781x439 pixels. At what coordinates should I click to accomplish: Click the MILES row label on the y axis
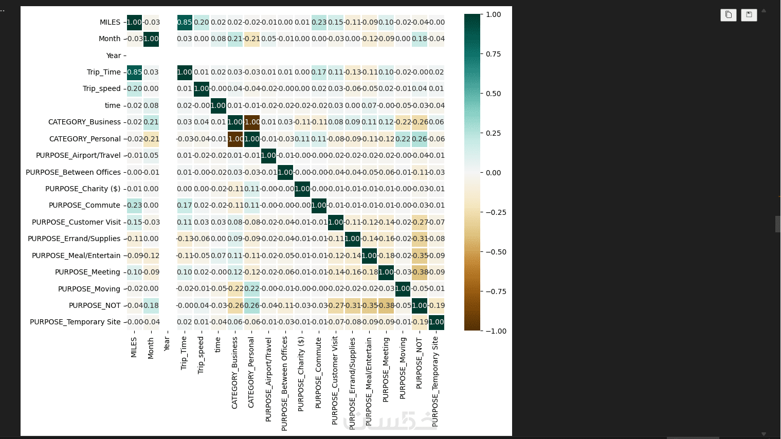110,22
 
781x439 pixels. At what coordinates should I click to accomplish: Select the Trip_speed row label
101,88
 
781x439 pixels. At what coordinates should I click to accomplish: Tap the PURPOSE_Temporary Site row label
75,322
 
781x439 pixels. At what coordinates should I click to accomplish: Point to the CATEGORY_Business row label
84,122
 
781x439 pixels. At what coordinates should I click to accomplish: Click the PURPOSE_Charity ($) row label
83,189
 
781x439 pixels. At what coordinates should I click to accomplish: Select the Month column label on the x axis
151,348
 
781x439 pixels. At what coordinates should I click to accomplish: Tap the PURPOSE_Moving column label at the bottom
403,368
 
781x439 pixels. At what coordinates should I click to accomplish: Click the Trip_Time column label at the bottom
184,353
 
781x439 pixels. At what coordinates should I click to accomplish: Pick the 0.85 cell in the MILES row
185,22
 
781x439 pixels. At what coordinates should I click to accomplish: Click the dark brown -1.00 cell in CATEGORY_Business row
252,122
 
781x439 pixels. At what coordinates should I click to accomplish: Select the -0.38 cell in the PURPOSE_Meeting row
420,272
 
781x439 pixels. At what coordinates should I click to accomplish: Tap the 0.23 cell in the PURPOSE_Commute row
134,205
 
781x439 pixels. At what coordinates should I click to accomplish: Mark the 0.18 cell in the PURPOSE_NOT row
151,305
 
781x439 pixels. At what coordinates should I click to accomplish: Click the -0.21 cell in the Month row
252,39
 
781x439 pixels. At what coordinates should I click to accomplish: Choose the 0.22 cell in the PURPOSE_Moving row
252,288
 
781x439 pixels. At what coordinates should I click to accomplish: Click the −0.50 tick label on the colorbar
496,252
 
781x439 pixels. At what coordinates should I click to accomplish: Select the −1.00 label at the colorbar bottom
496,331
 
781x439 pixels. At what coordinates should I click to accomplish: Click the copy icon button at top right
729,15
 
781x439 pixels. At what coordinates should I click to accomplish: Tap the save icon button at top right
749,15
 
